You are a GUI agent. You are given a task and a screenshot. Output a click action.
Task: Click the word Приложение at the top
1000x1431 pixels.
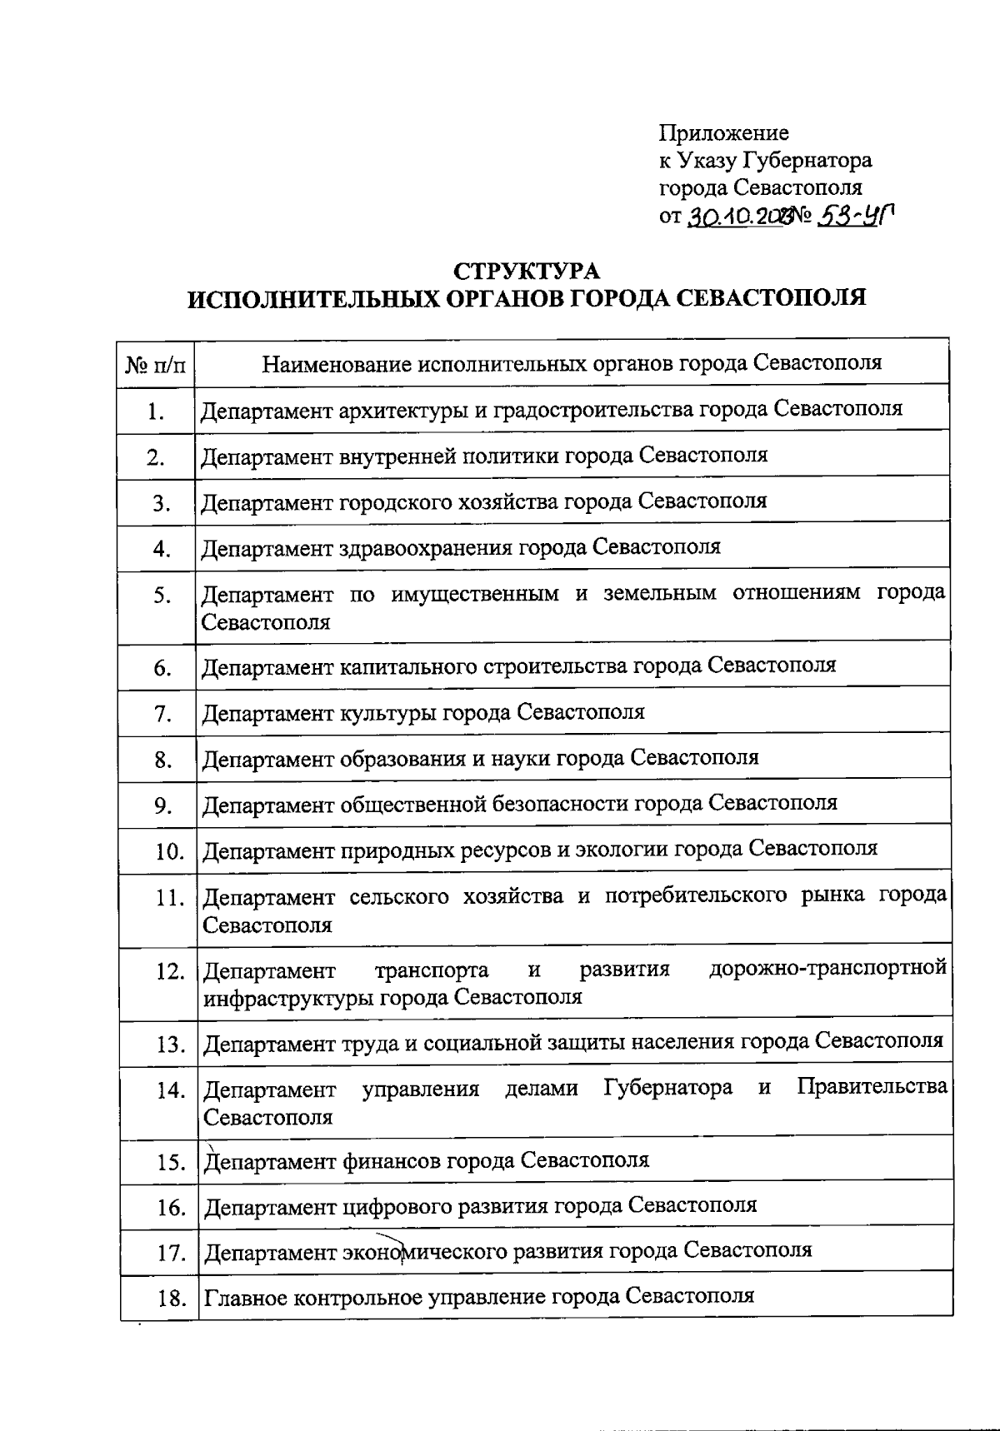[x=723, y=133]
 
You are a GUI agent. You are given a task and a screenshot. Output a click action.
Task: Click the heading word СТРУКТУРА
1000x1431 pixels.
[x=526, y=272]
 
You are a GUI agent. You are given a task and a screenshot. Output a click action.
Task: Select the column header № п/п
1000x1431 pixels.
[x=156, y=365]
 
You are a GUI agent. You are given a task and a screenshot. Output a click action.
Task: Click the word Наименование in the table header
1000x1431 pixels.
[x=336, y=363]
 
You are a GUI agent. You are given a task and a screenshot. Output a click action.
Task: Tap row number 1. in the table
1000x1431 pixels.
[x=155, y=411]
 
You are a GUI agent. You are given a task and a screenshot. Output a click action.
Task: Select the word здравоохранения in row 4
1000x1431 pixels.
[x=426, y=547]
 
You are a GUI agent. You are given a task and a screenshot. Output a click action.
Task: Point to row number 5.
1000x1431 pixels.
[x=162, y=596]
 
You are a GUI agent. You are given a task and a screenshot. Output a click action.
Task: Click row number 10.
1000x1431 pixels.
[x=169, y=851]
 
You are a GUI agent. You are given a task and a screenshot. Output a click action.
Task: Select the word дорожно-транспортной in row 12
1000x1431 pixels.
[x=827, y=969]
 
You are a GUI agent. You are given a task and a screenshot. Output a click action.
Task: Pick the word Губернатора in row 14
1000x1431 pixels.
[x=667, y=1088]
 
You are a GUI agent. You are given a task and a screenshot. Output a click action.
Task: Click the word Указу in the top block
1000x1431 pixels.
[x=707, y=160]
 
